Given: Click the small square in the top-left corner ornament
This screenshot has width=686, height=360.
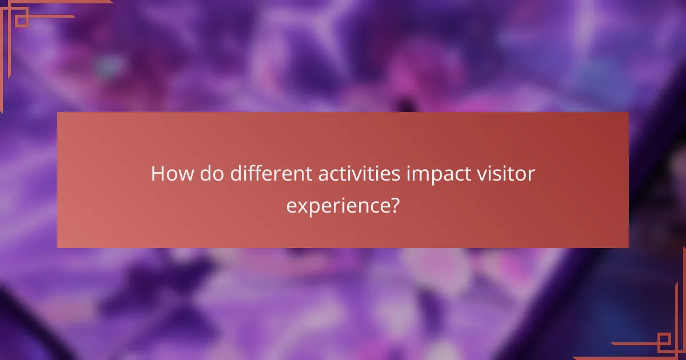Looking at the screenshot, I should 21,21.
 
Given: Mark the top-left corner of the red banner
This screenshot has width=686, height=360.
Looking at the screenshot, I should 58,113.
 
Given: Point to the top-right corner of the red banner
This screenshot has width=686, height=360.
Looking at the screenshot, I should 628,113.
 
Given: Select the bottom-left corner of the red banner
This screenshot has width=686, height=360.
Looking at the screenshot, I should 58,247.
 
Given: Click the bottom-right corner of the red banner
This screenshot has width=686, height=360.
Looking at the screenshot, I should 628,247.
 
